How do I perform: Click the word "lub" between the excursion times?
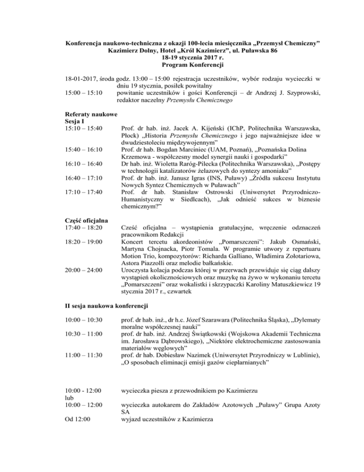pyautogui.click(x=69, y=397)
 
